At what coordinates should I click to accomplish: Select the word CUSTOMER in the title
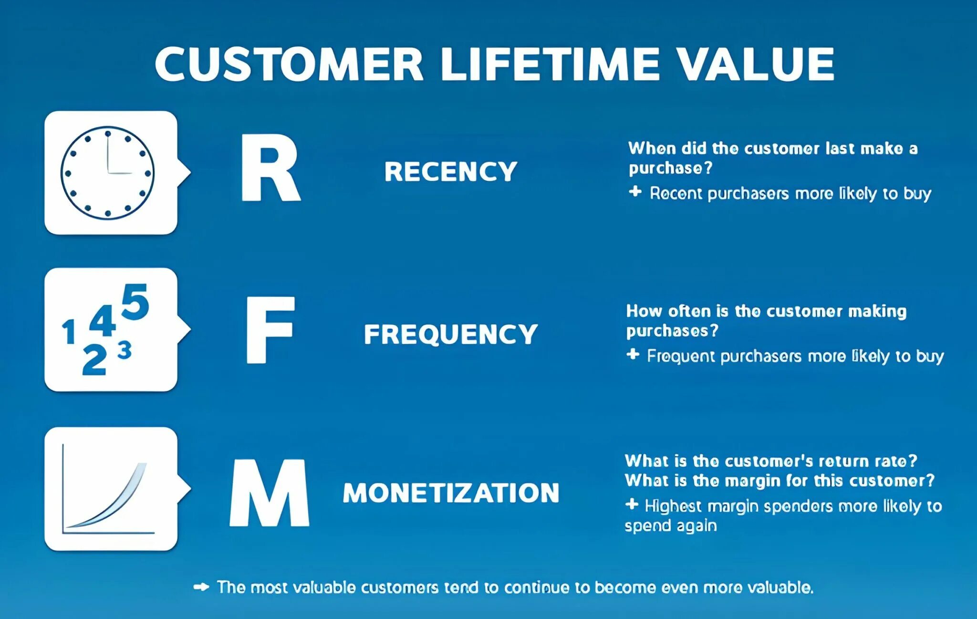click(289, 64)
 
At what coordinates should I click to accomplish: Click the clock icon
click(108, 173)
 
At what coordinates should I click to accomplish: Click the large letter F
click(270, 330)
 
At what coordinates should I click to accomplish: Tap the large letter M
click(270, 493)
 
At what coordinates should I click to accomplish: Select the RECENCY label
click(450, 171)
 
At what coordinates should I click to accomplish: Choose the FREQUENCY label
click(450, 334)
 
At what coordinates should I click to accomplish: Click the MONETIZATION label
click(451, 493)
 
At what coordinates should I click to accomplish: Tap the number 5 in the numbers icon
click(135, 302)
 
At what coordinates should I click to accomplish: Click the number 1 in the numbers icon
click(70, 332)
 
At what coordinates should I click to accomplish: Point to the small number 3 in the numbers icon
click(125, 351)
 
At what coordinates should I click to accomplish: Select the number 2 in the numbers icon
click(94, 360)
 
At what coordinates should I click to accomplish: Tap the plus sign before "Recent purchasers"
click(635, 192)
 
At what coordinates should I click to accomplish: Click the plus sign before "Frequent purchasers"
click(633, 355)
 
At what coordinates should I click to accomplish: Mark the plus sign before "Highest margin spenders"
click(632, 504)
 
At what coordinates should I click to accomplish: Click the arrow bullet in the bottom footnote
click(201, 587)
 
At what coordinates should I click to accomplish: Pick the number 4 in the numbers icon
click(103, 321)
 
